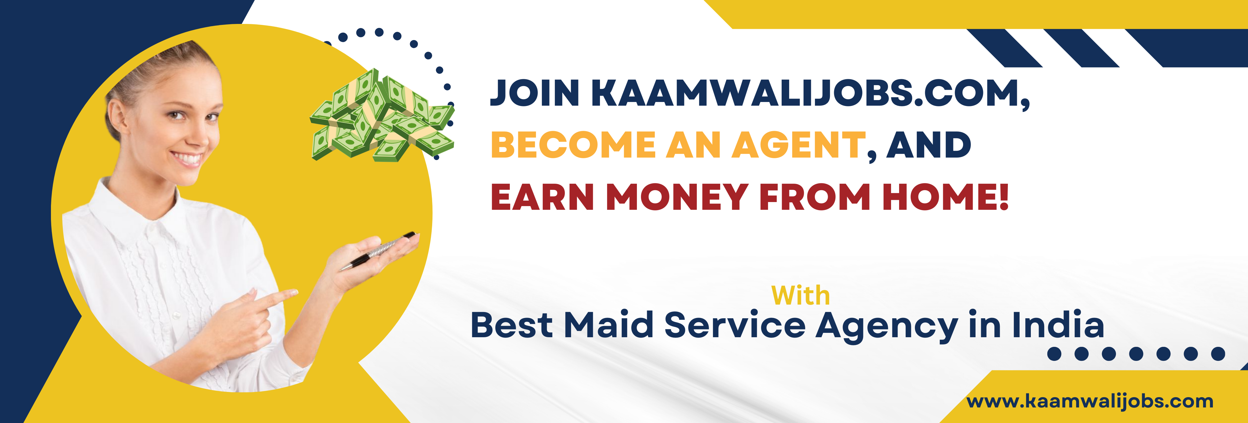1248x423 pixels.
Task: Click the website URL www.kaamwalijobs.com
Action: click(x=1090, y=402)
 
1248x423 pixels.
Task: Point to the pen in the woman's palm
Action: click(x=379, y=251)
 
